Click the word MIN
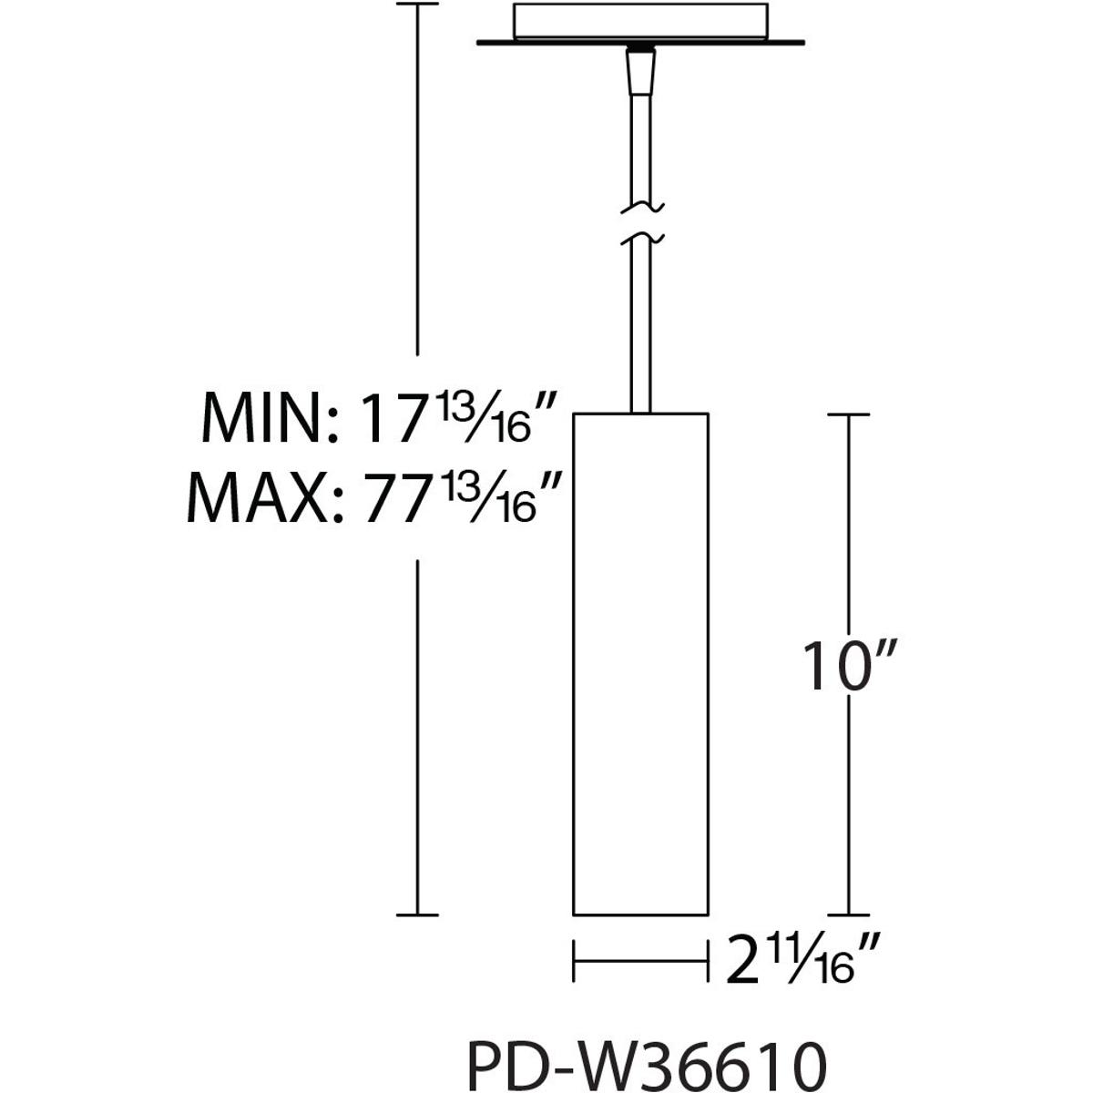[x=264, y=417]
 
